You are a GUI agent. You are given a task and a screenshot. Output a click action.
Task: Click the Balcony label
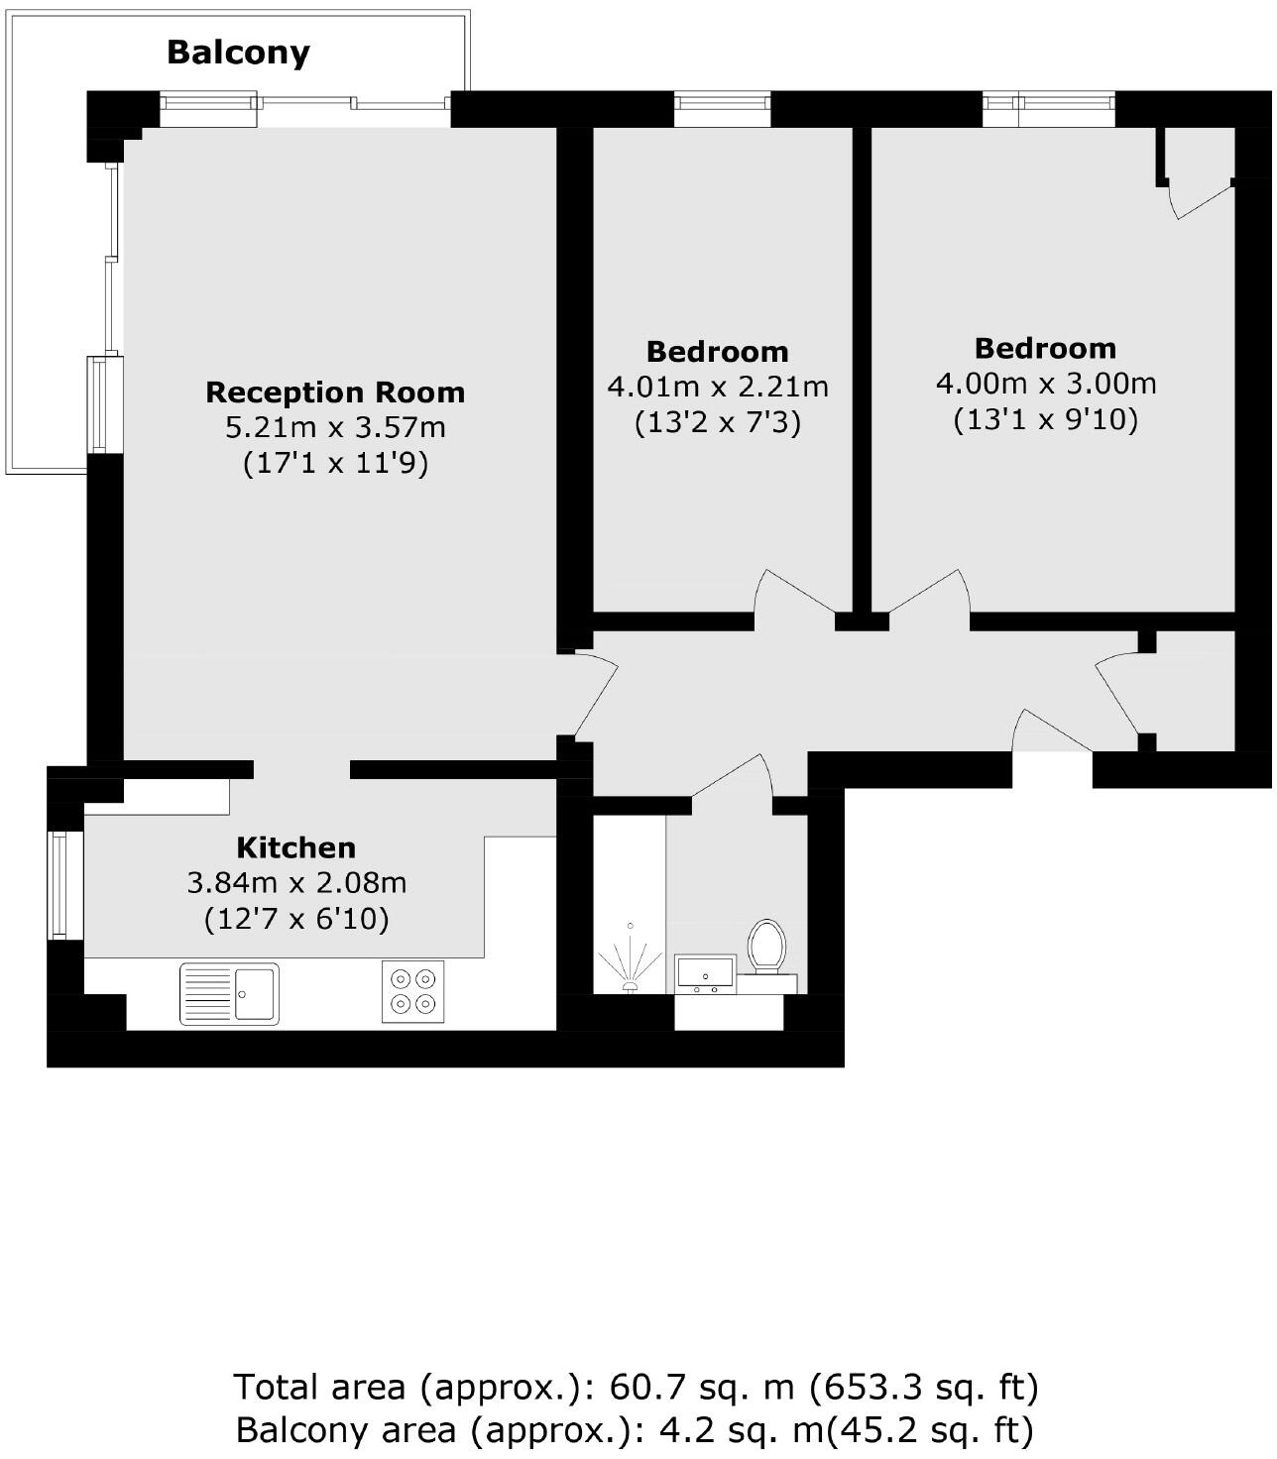(238, 52)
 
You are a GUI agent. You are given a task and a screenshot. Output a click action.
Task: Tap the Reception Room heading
(335, 393)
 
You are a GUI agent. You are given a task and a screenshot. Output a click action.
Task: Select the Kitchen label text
(295, 847)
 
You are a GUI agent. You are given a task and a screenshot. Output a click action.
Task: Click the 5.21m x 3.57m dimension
(335, 428)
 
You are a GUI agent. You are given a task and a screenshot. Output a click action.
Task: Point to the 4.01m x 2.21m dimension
(718, 386)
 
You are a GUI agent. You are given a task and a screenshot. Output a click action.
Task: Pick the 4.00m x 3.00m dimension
(1046, 383)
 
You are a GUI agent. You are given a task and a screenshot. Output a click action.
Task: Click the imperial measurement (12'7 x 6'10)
(296, 919)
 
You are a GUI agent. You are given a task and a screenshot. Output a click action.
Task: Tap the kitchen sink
(229, 993)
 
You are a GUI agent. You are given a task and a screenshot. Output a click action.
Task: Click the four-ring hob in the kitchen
(413, 992)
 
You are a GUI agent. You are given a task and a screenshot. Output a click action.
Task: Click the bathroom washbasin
(705, 972)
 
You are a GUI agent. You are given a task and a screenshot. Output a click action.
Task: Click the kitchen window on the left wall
(60, 885)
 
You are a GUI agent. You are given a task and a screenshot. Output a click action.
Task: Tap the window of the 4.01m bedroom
(722, 108)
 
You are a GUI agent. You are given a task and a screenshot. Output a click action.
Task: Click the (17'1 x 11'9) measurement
(335, 463)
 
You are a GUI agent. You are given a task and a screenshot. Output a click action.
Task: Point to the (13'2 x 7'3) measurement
(718, 422)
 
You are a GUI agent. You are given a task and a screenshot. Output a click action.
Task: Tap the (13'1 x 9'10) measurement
(1046, 419)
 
